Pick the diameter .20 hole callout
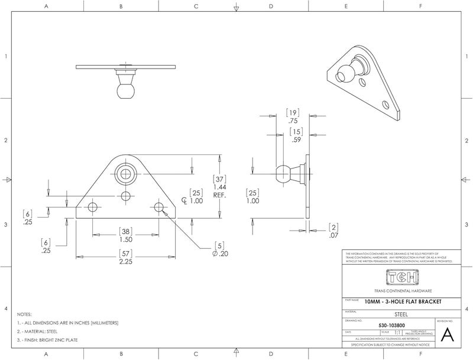(x=219, y=253)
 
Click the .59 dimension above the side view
(x=296, y=140)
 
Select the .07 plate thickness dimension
(x=333, y=235)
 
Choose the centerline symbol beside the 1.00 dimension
(x=184, y=201)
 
